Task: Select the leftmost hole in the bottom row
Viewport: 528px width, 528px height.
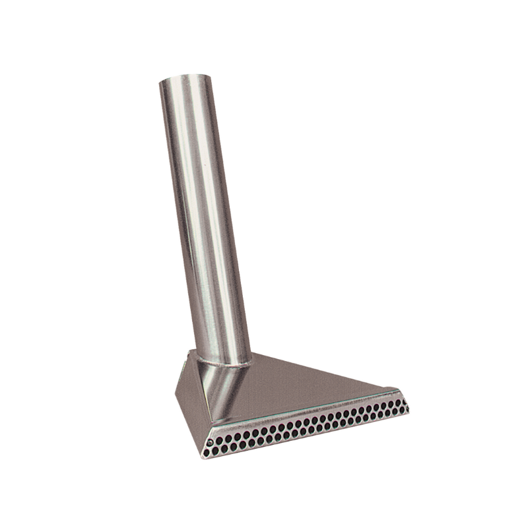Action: tap(207, 452)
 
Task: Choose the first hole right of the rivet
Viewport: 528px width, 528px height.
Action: tap(219, 440)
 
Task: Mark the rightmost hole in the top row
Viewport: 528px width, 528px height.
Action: tap(405, 401)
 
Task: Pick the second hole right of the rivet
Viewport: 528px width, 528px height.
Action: tap(228, 438)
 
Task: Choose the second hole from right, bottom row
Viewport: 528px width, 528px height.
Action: tap(402, 409)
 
